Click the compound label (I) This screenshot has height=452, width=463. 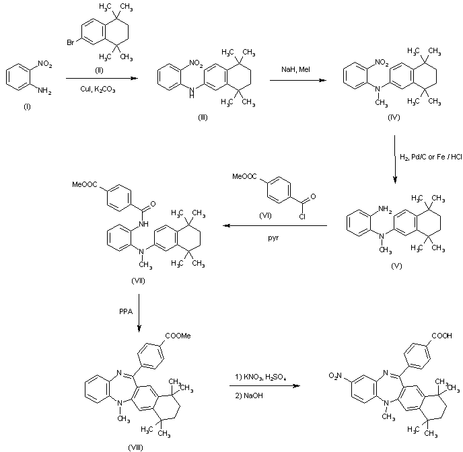click(x=28, y=107)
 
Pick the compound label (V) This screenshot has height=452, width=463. click(x=396, y=266)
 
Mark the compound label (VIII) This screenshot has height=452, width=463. click(x=135, y=446)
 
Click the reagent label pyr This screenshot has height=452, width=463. click(x=278, y=237)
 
